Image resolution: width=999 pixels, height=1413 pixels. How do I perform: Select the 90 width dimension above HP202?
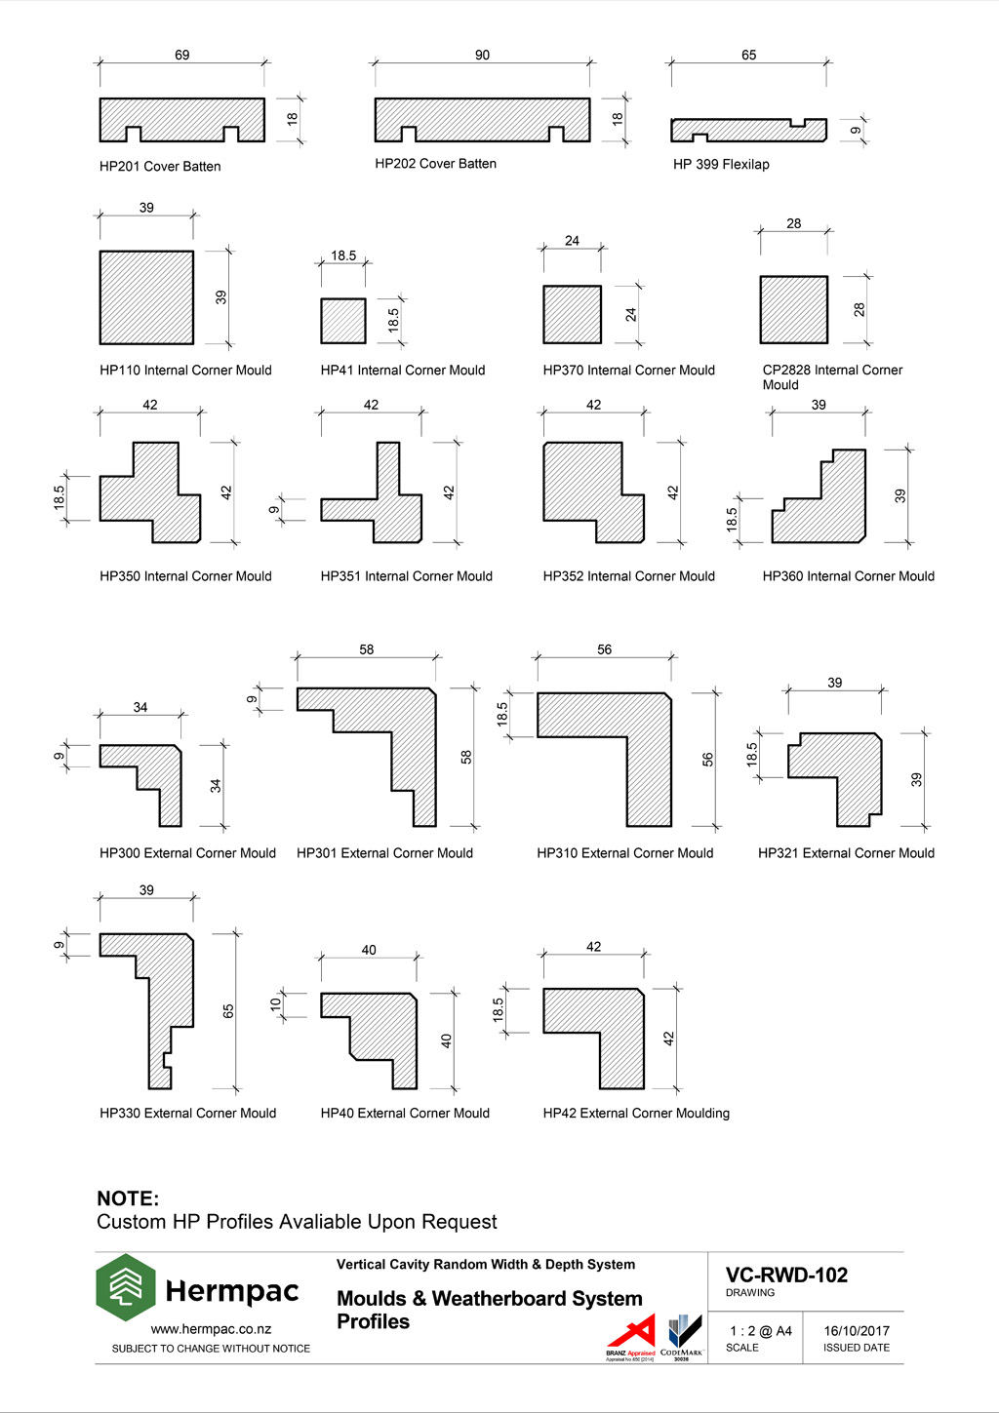482,56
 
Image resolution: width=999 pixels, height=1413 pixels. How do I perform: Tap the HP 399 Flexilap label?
721,165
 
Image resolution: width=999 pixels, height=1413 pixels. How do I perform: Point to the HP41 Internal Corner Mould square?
343,321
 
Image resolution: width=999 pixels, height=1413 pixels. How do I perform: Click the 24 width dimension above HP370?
572,241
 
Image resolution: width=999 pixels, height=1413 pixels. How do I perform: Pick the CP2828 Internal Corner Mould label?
831,376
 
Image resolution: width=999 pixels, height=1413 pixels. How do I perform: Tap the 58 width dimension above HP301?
366,649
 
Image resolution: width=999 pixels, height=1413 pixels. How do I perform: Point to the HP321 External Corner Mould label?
846,853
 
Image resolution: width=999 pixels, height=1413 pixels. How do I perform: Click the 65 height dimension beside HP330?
228,1011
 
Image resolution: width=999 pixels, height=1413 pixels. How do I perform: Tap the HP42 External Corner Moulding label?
636,1114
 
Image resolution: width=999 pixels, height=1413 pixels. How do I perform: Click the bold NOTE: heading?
128,1198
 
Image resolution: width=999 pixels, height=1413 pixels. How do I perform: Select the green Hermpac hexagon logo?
125,1287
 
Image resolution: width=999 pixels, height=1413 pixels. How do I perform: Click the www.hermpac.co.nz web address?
211,1329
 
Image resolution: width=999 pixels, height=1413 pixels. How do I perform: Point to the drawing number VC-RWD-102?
786,1276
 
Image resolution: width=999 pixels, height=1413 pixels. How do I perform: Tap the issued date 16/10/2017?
856,1331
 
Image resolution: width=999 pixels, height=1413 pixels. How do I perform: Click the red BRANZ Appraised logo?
631,1336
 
